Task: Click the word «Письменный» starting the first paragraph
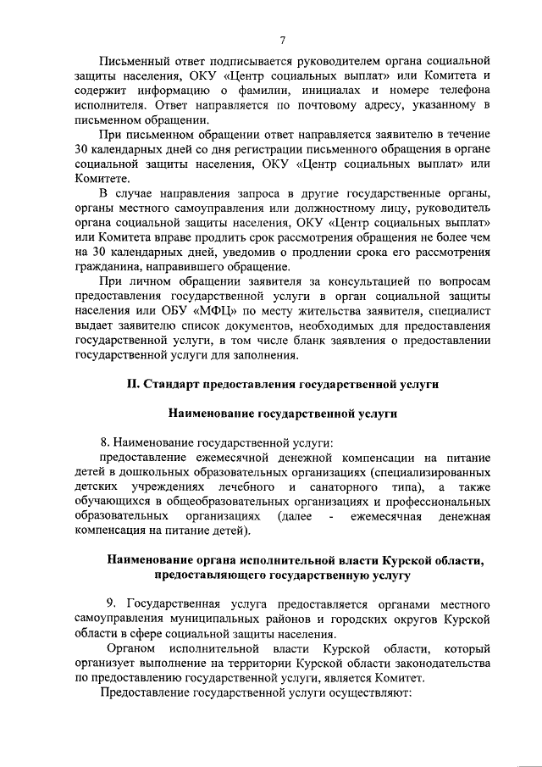pyautogui.click(x=136, y=62)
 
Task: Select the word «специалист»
pyautogui.click(x=461, y=310)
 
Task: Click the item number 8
pyautogui.click(x=105, y=442)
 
